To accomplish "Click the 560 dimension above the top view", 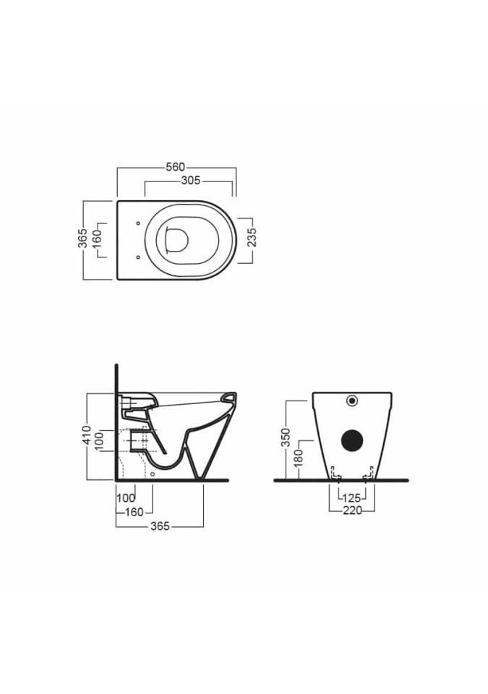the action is click(176, 167).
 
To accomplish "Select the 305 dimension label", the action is click(191, 181).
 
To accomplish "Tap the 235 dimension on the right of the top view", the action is click(252, 238).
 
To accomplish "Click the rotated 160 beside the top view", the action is click(97, 235).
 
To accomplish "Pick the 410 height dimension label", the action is click(87, 435).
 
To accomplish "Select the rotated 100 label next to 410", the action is click(99, 441).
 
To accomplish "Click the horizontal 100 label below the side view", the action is click(126, 498).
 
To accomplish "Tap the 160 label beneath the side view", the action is click(134, 512).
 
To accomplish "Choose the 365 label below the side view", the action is click(160, 526).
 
